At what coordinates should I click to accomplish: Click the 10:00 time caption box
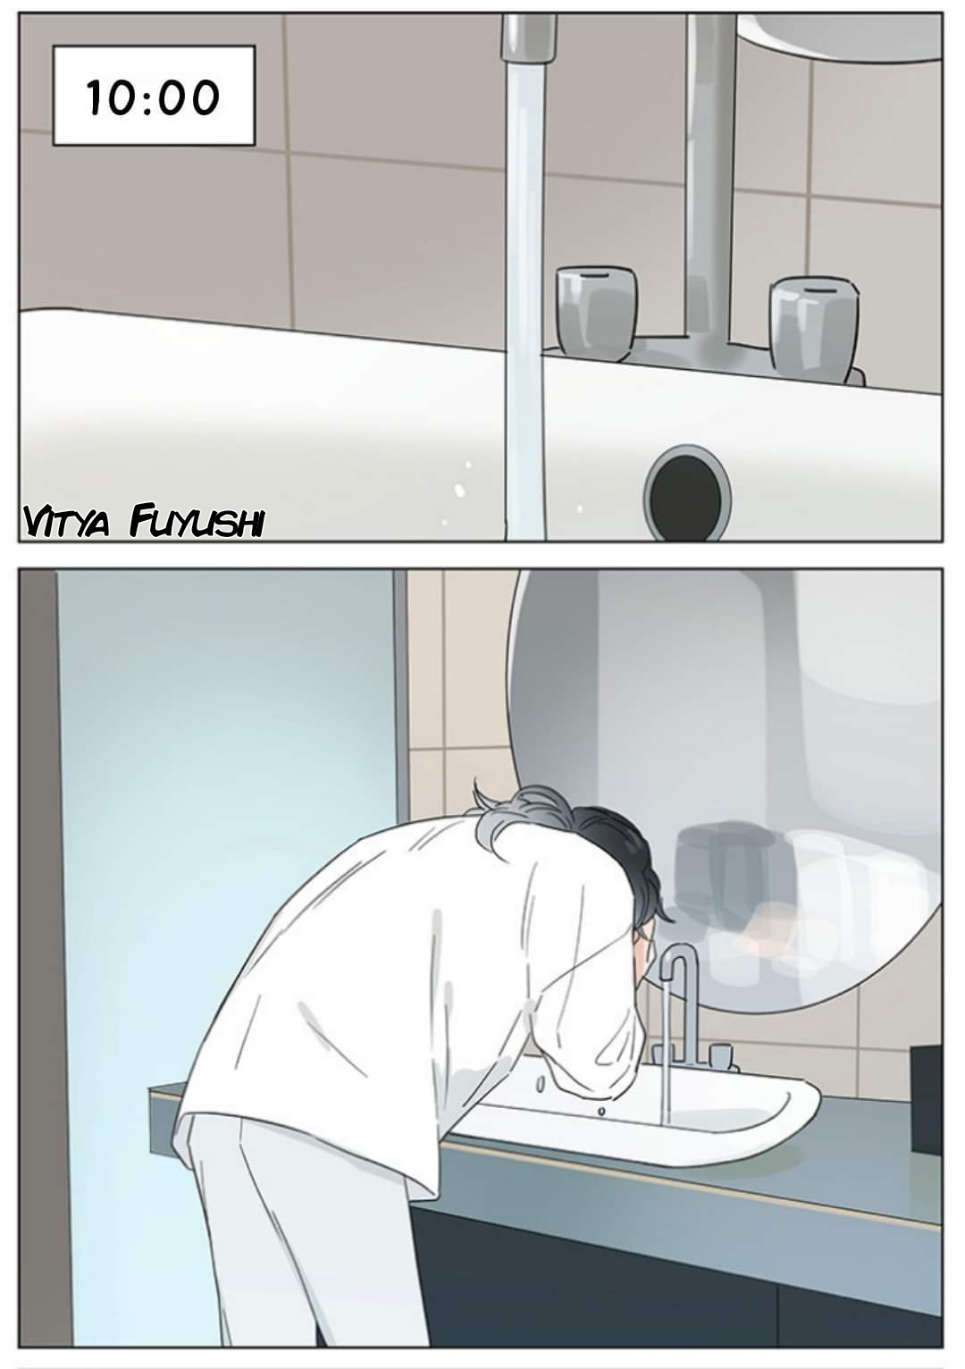coord(154,96)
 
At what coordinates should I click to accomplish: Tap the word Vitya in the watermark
coord(66,523)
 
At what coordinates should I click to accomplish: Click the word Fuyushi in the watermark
coord(197,523)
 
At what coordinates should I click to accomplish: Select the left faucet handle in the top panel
coord(596,312)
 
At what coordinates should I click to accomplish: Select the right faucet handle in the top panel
coord(813,329)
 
